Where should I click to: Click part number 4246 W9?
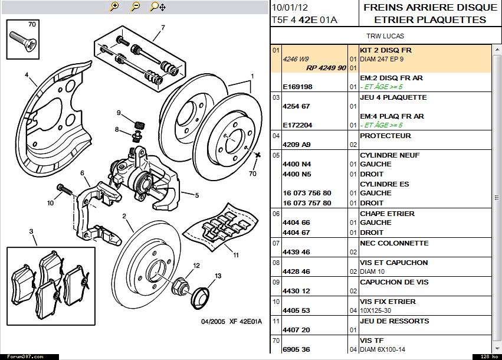click(296, 59)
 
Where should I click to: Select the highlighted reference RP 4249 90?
click(326, 68)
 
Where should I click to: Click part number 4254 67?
click(296, 107)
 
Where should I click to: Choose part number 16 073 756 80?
click(307, 193)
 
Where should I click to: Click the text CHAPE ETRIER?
click(387, 214)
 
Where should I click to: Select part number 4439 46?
click(296, 252)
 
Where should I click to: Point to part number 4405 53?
click(296, 310)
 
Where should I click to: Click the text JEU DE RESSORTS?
click(394, 321)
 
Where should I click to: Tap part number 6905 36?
click(296, 349)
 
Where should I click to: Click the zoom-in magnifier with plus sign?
click(114, 6)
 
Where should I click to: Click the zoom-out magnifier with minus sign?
click(136, 6)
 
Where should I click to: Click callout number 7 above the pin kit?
click(163, 27)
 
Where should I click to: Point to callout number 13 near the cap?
click(218, 276)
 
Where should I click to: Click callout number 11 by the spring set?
click(235, 255)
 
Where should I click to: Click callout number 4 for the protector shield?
click(27, 75)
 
